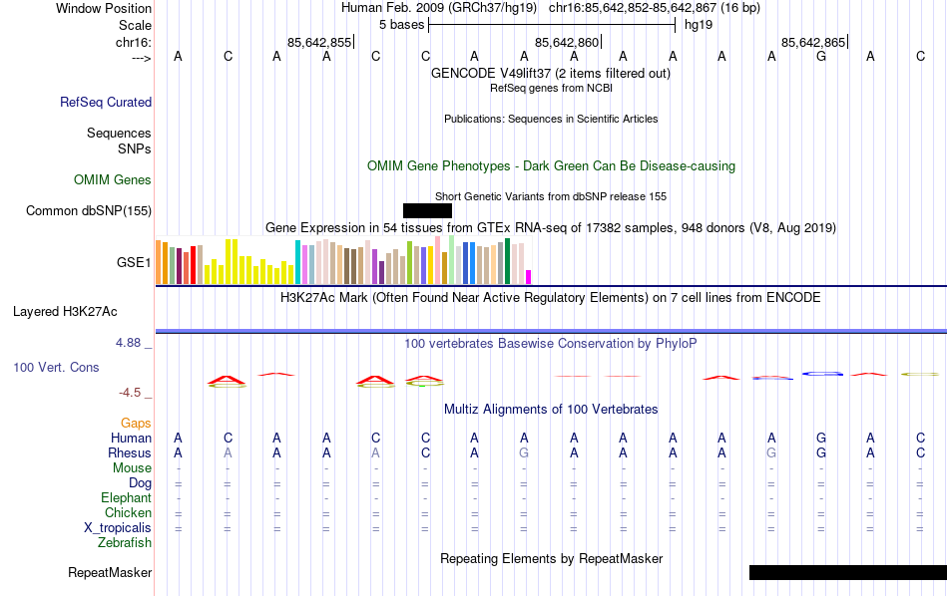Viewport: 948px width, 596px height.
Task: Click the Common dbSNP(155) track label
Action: tap(89, 210)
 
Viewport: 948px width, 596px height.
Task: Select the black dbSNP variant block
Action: tap(427, 210)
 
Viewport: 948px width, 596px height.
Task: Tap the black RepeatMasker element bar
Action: tap(847, 572)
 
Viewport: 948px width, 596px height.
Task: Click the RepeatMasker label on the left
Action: tap(110, 572)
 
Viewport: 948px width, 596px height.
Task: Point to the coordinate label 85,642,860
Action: tap(567, 42)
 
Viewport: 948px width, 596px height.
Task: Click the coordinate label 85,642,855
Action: tap(319, 42)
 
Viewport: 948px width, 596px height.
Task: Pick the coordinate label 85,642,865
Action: tap(813, 42)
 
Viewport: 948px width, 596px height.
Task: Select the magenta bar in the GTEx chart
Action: tap(529, 277)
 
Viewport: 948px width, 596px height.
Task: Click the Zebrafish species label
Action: tap(125, 542)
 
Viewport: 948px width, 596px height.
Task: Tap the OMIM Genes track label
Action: tap(113, 179)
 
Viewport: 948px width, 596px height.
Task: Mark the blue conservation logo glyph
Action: tap(823, 374)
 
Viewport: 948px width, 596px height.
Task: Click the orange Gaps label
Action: tap(136, 423)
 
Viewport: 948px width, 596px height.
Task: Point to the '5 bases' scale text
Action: tap(401, 24)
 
